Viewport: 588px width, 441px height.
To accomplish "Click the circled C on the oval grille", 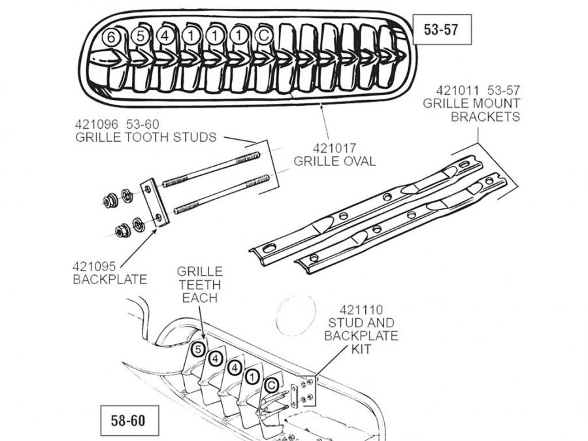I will coord(263,37).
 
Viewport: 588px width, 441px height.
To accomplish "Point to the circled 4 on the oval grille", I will coord(165,37).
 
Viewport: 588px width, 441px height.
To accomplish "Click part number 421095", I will coord(95,267).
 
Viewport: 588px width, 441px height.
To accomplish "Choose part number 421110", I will coord(361,310).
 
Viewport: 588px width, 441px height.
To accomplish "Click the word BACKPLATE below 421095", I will coord(110,280).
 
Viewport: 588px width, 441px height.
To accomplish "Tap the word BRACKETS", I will coord(485,117).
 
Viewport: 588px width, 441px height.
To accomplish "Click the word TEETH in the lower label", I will coord(199,285).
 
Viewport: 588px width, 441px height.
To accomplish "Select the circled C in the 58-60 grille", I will coord(270,385).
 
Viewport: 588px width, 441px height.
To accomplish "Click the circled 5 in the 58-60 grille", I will coord(199,350).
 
